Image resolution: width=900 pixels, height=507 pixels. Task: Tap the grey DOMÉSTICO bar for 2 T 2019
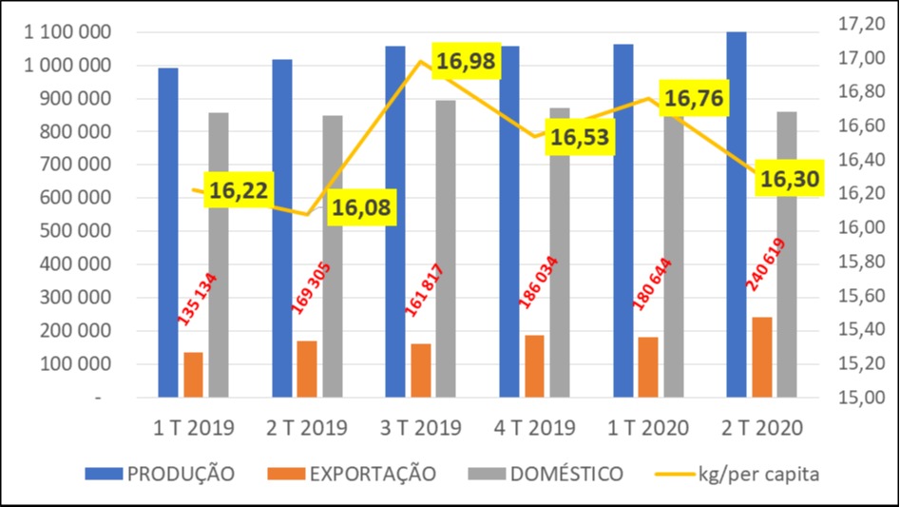pos(333,256)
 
